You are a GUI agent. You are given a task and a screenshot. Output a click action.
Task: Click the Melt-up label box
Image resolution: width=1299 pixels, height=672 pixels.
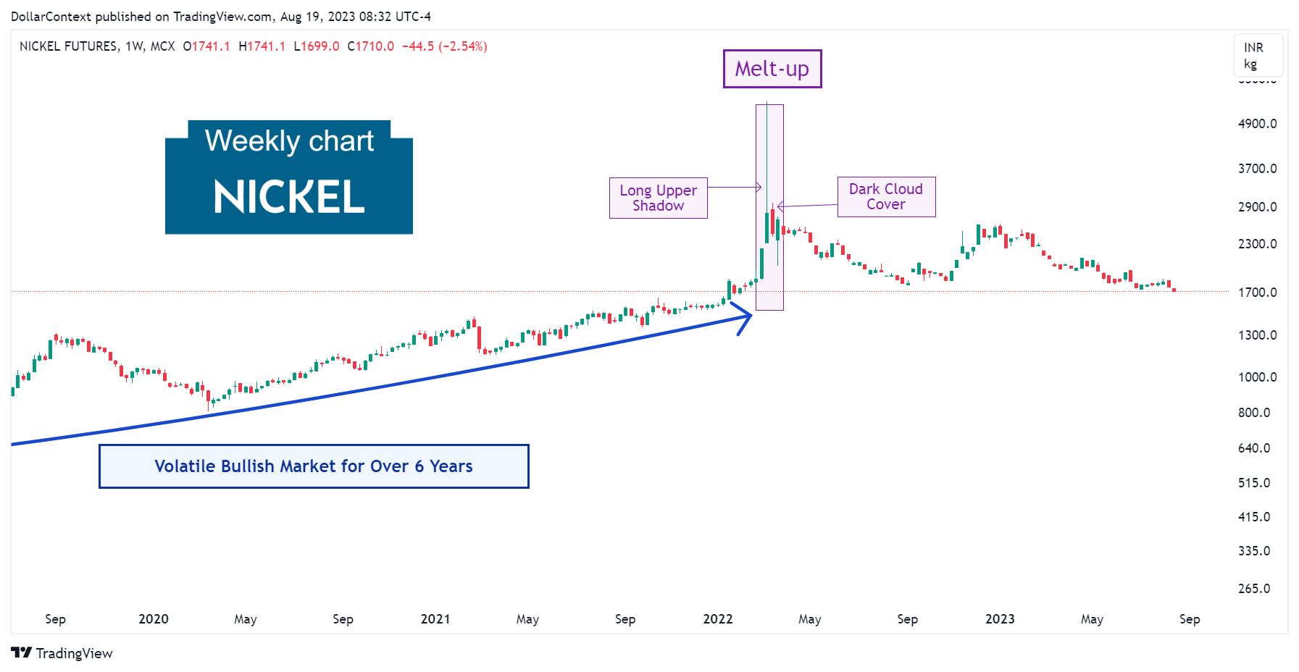pyautogui.click(x=772, y=69)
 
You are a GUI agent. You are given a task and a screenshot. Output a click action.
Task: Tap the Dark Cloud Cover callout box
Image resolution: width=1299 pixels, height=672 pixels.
pyautogui.click(x=886, y=197)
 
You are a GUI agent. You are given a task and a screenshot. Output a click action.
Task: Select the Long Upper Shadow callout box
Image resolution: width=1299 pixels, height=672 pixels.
pyautogui.click(x=658, y=198)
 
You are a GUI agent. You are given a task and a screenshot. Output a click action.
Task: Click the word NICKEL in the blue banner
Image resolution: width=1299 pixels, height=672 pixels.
pyautogui.click(x=289, y=197)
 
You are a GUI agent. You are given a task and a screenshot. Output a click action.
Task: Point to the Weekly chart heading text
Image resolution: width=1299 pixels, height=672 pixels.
pyautogui.click(x=289, y=140)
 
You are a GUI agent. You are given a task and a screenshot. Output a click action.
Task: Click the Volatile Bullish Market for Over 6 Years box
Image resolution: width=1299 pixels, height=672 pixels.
pyautogui.click(x=314, y=466)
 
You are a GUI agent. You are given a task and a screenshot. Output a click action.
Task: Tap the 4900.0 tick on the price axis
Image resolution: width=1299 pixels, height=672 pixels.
pyautogui.click(x=1257, y=124)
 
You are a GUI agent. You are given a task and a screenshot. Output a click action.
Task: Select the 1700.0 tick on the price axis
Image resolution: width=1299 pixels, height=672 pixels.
pyautogui.click(x=1257, y=293)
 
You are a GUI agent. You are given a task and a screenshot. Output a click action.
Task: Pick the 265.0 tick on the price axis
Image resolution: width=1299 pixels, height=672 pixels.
pyautogui.click(x=1254, y=589)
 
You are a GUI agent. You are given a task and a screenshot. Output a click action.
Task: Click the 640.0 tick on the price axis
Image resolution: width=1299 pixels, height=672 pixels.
pyautogui.click(x=1254, y=448)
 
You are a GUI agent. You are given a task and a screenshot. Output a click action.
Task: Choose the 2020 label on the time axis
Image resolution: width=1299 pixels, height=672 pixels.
pyautogui.click(x=154, y=619)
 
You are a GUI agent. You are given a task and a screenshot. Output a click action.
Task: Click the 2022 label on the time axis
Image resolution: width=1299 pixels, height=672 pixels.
pyautogui.click(x=718, y=619)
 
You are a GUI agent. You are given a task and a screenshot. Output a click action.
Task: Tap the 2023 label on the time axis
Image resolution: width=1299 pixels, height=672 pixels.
pyautogui.click(x=1000, y=619)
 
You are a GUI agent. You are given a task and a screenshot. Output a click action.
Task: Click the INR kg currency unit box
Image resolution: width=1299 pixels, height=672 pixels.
pyautogui.click(x=1258, y=56)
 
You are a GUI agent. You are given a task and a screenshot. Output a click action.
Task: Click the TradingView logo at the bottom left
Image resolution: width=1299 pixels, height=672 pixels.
pyautogui.click(x=62, y=653)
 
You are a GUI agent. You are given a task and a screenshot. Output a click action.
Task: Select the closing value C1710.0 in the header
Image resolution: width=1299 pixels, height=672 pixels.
pyautogui.click(x=371, y=46)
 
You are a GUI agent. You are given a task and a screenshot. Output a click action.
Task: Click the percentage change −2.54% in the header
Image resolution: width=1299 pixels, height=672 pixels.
pyautogui.click(x=462, y=46)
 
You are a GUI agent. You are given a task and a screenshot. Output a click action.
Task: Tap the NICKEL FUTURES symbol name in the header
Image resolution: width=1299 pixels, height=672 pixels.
pyautogui.click(x=69, y=46)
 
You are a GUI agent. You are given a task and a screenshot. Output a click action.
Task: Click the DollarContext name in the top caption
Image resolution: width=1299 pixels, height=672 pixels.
pyautogui.click(x=51, y=17)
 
